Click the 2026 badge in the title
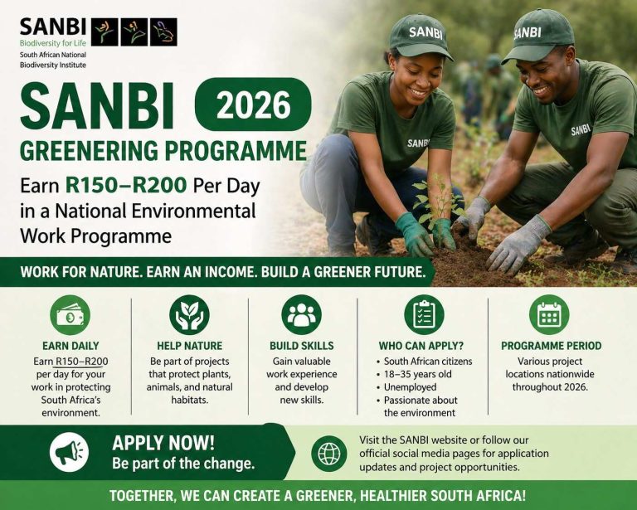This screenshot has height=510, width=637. tap(253, 104)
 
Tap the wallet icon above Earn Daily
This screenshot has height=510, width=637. tap(70, 315)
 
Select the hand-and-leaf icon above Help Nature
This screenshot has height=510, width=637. tap(189, 315)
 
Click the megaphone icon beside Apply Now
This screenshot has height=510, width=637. tap(70, 452)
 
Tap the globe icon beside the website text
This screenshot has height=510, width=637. tap(328, 454)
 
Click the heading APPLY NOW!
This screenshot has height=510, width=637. tap(163, 442)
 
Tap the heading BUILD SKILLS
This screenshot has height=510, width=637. tap(302, 345)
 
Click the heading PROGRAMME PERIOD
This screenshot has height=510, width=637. tap(551, 345)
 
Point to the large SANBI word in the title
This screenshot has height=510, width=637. tap(97, 107)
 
